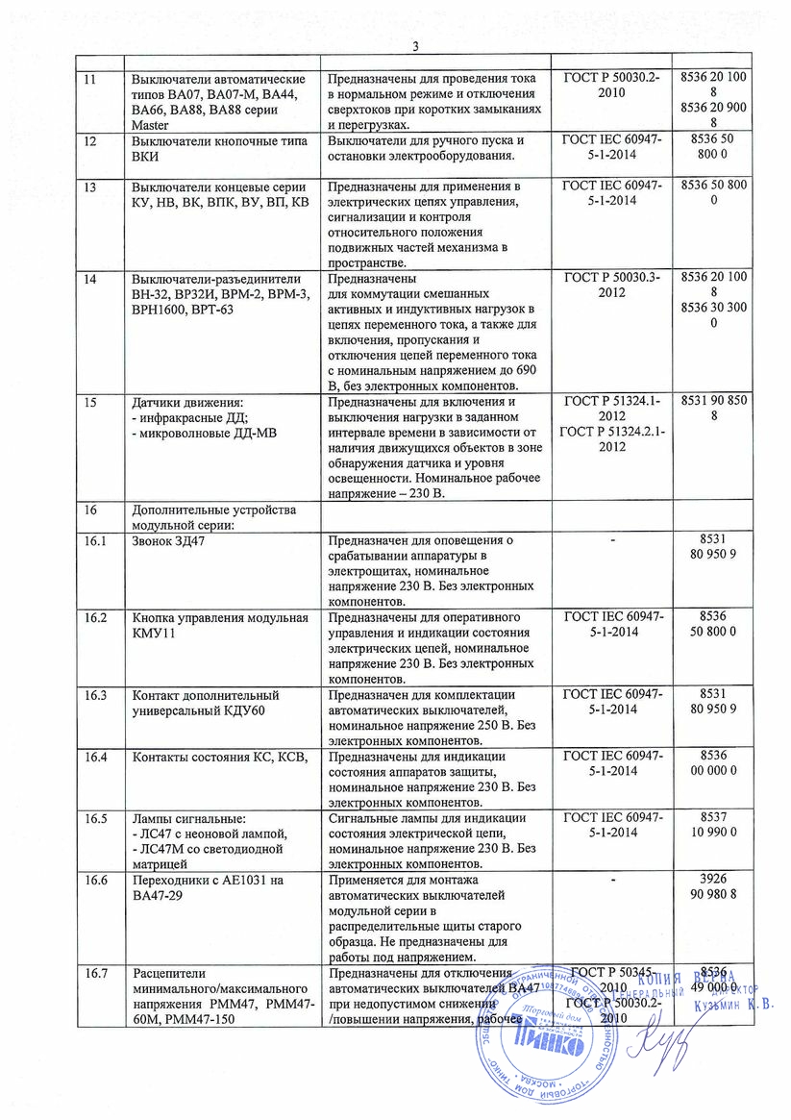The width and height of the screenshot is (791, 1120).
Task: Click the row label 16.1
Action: point(95,542)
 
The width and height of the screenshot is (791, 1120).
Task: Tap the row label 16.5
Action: point(95,818)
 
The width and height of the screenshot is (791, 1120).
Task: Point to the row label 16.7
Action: point(95,974)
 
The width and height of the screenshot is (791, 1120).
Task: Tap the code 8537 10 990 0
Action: point(712,826)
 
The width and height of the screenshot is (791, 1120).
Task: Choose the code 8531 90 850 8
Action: point(712,410)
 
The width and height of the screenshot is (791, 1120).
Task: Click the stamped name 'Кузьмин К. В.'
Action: point(729,1007)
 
